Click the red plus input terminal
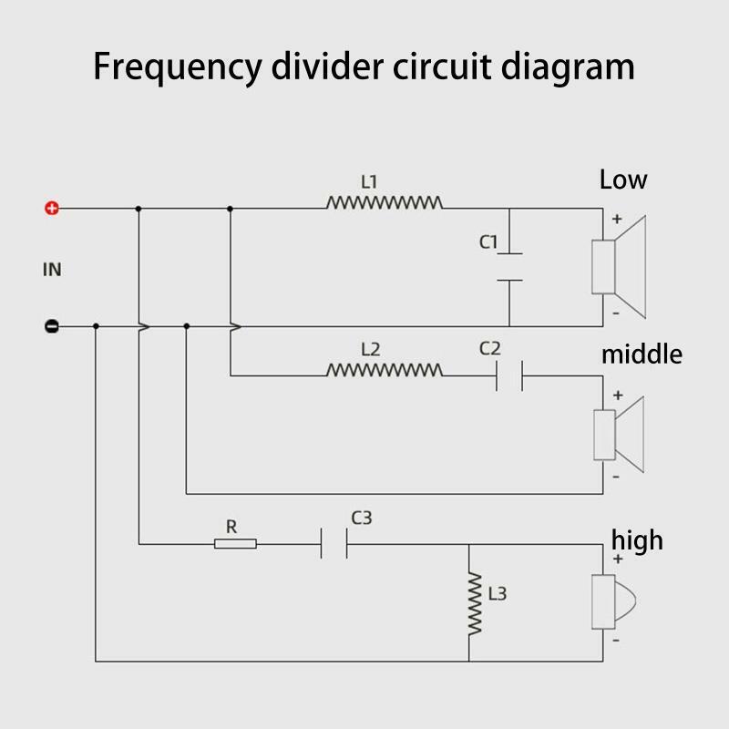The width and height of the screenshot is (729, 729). pos(52,209)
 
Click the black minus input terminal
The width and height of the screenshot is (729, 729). pos(52,326)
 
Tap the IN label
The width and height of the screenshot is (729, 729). pos(52,270)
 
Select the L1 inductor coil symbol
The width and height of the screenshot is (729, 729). pos(385,202)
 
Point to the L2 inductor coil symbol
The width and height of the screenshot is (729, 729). pos(385,370)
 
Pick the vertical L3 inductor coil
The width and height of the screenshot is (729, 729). pos(475,604)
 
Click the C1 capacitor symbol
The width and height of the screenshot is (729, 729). pos(509,267)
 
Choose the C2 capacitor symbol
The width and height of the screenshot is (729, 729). pos(509,375)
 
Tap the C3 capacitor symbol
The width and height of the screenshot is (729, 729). pos(334,543)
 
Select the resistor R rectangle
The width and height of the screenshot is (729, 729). pos(235,543)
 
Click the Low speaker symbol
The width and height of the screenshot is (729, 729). pos(619,267)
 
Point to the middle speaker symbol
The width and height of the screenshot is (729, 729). pos(619,435)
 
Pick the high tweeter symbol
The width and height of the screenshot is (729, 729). pos(613,601)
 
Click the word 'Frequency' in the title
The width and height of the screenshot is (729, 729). pos(178,67)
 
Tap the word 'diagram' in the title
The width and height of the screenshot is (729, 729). pos(568,67)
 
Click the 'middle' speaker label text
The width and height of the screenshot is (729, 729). pos(642,354)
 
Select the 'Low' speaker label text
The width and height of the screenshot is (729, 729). pos(623,180)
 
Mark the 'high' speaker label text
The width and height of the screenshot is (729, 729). pos(637,540)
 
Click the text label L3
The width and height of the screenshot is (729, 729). pos(497,594)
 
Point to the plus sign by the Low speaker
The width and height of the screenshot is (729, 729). pos(617,219)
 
